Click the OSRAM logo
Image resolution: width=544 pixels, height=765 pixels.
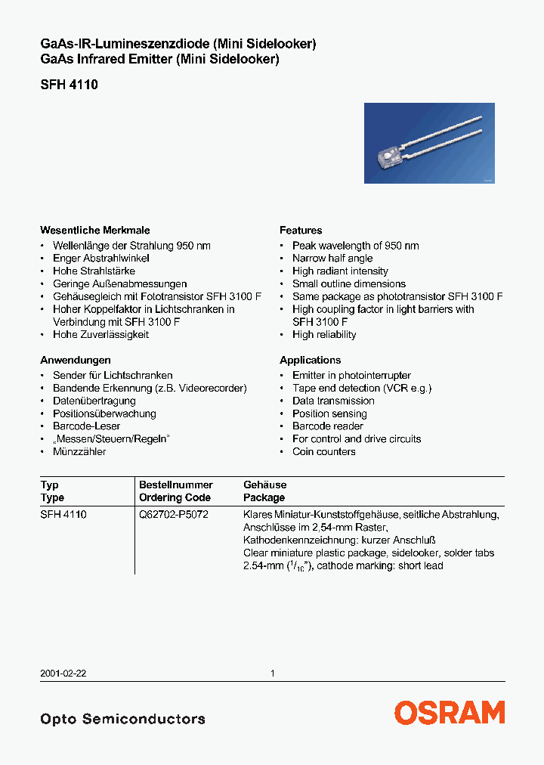[449, 713]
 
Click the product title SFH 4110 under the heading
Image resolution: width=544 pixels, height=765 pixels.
[69, 85]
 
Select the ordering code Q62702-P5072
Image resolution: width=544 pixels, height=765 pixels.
[174, 515]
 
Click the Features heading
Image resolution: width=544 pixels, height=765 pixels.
[301, 231]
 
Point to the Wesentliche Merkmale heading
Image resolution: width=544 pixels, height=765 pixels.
[94, 231]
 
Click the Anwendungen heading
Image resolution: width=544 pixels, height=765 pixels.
[76, 361]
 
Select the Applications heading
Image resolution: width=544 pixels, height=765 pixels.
[310, 361]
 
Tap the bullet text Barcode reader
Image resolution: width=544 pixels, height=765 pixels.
[328, 426]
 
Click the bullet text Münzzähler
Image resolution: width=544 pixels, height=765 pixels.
[79, 452]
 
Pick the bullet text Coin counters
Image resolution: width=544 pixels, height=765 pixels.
[324, 452]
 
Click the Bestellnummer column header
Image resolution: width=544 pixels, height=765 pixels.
[176, 485]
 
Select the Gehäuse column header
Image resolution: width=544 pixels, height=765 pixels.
[264, 485]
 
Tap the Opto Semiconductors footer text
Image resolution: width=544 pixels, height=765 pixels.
[122, 719]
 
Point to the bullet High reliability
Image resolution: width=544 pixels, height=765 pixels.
[324, 335]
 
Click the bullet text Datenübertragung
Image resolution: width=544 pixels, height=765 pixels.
[94, 401]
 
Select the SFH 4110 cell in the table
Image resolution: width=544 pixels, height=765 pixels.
[63, 515]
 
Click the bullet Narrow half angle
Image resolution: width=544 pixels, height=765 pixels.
[332, 259]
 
